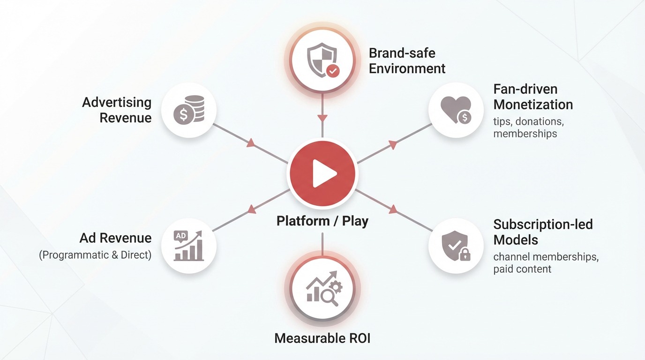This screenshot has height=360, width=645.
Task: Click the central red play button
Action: (x=322, y=174)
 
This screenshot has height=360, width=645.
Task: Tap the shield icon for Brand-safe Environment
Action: (x=322, y=60)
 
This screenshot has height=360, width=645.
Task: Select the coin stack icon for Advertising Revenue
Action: (x=188, y=110)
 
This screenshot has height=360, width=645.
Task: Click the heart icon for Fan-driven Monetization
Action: (x=456, y=111)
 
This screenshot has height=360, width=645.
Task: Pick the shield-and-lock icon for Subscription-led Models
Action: (x=456, y=245)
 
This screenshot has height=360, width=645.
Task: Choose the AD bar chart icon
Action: (x=188, y=245)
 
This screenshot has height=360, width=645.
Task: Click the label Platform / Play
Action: (x=322, y=221)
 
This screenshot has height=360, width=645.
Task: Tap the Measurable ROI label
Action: (x=322, y=338)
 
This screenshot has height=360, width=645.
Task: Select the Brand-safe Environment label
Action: (x=407, y=60)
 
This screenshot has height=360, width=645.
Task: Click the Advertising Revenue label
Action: (x=117, y=110)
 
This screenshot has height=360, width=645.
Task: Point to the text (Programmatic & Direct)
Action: (x=95, y=255)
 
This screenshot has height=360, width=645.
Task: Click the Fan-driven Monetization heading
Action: (x=533, y=96)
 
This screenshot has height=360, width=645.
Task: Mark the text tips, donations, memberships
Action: (x=528, y=127)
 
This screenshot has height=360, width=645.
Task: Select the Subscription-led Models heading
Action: (x=543, y=232)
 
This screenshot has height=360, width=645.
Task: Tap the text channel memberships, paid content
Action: (x=546, y=263)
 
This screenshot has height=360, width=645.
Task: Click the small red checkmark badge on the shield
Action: (x=332, y=71)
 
